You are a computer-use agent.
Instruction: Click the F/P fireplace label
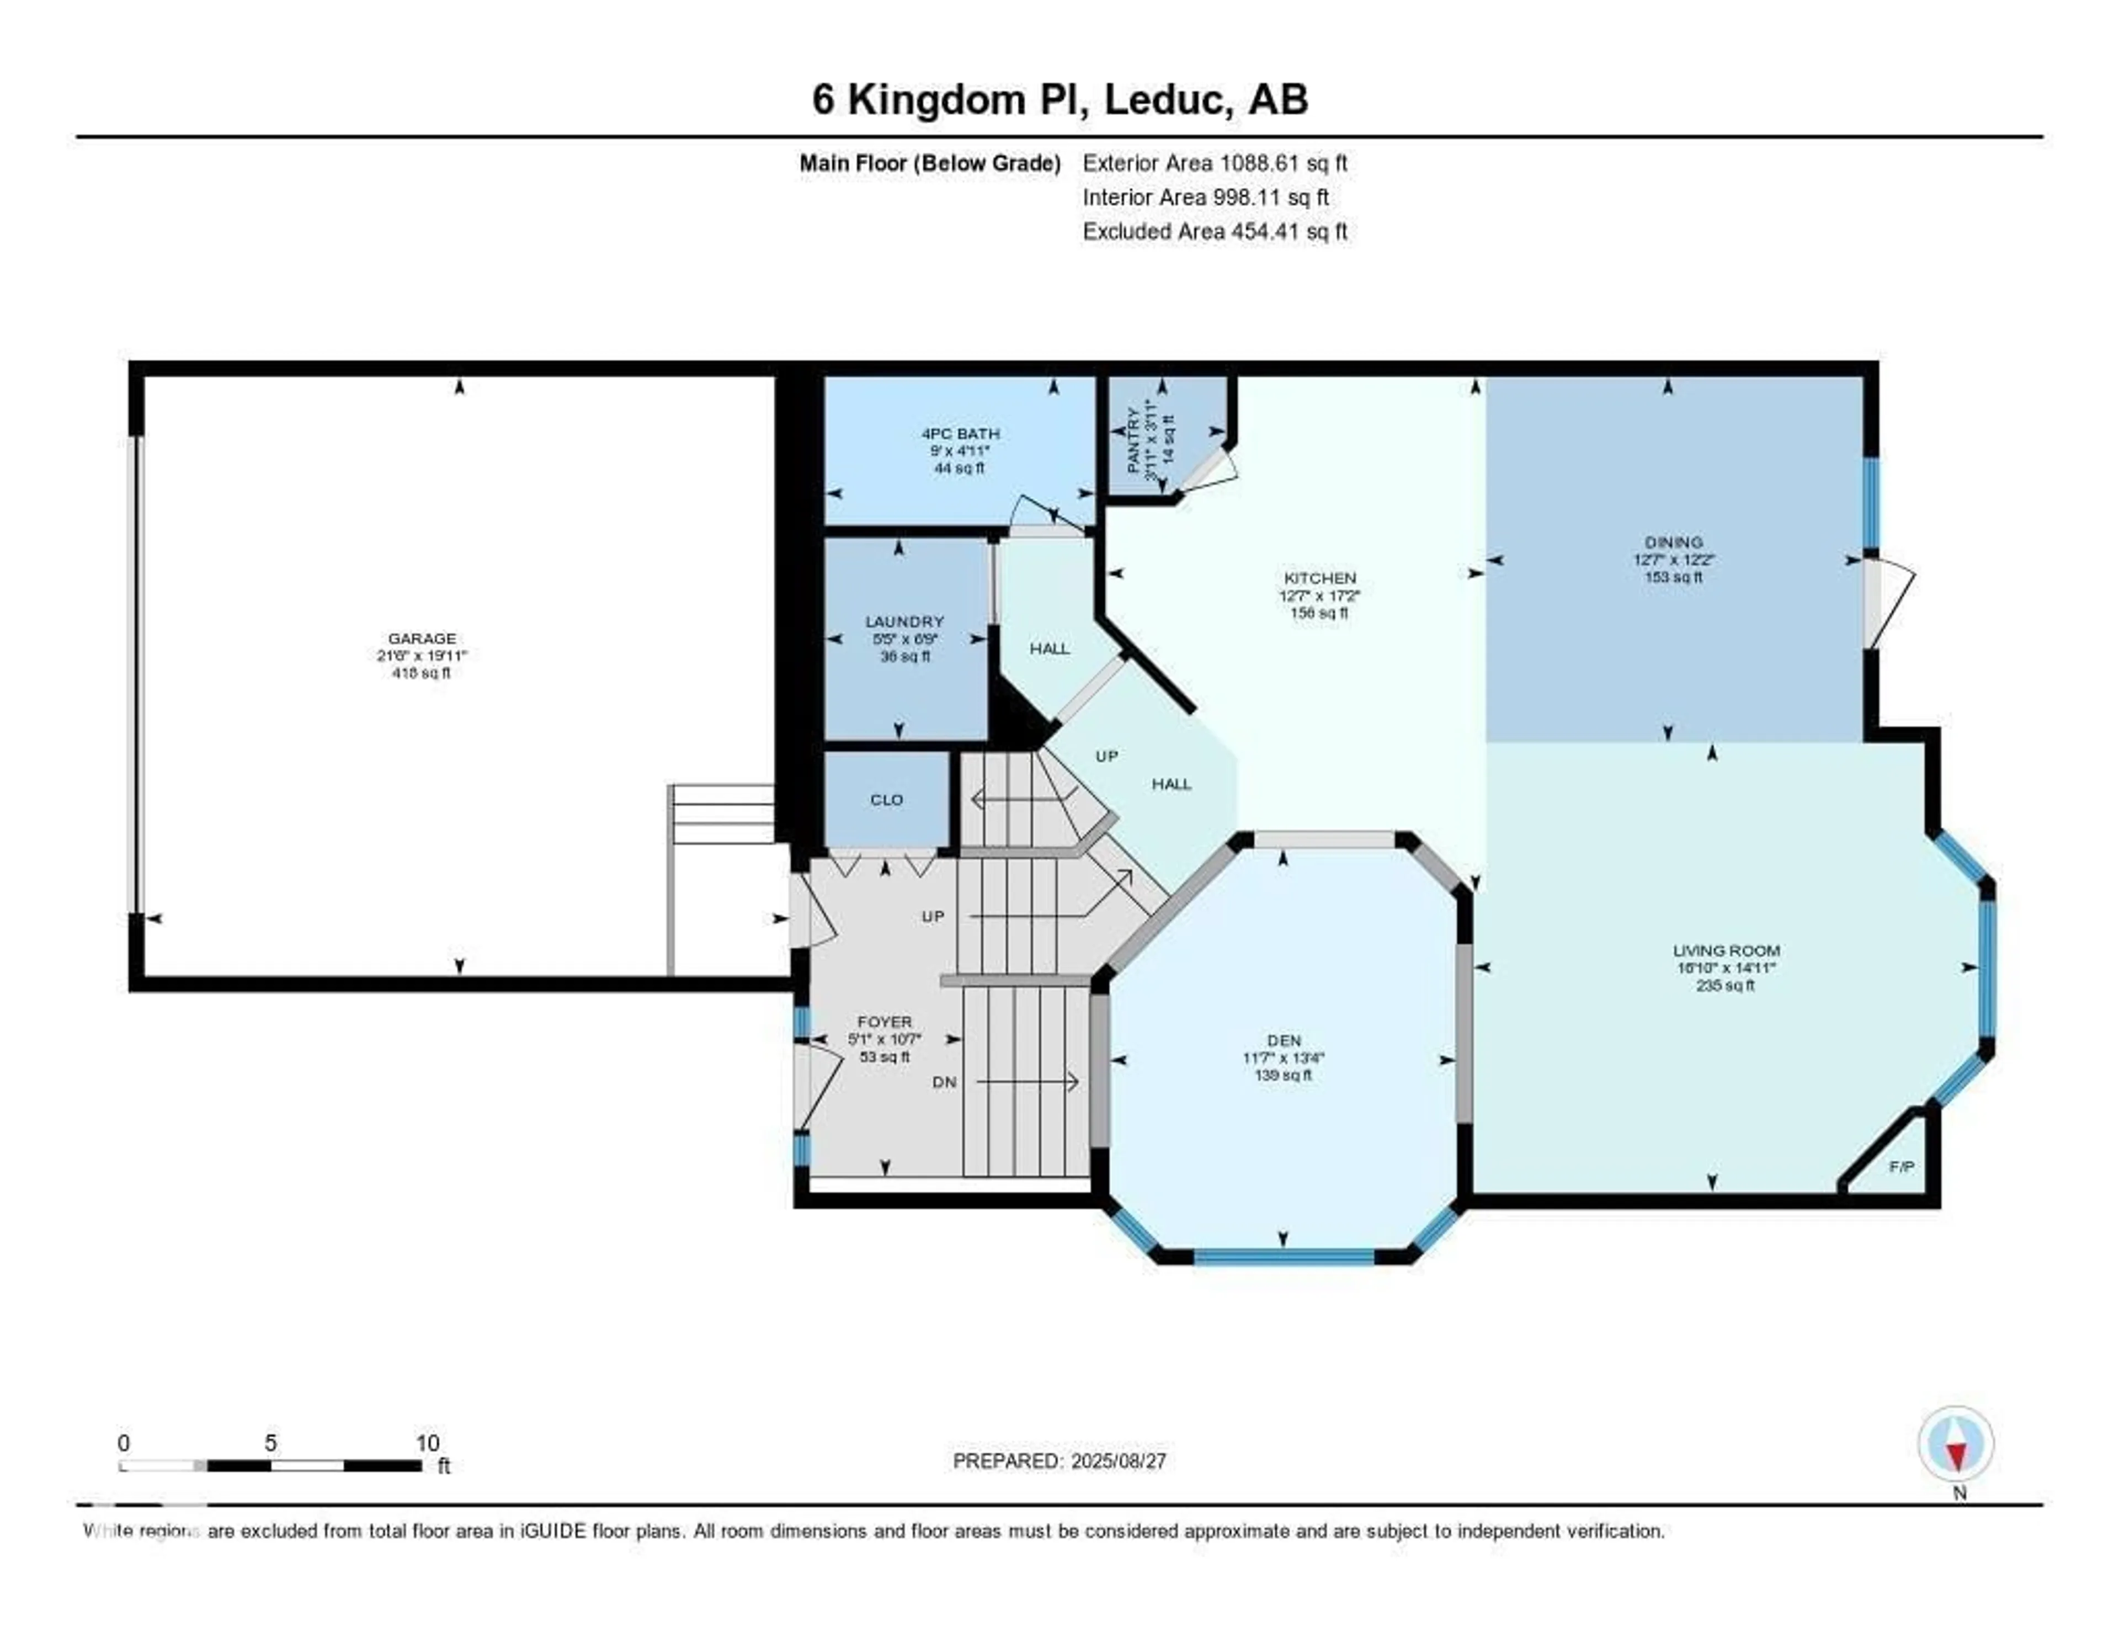click(x=1902, y=1166)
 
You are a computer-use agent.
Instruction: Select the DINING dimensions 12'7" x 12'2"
click(x=1674, y=560)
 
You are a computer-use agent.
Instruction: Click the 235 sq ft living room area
click(x=1725, y=986)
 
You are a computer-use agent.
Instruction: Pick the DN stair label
click(x=944, y=1082)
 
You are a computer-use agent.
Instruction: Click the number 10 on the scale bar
click(x=427, y=1443)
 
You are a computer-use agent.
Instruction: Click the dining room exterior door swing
click(x=1889, y=604)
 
